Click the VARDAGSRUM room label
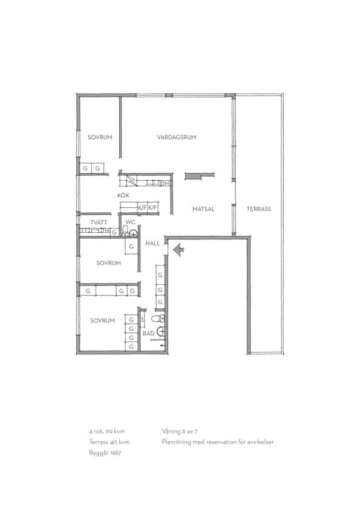click(x=177, y=137)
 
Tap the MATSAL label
click(x=203, y=209)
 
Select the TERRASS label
click(x=258, y=209)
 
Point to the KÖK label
click(x=123, y=195)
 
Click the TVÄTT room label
click(x=99, y=222)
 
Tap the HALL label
click(x=152, y=243)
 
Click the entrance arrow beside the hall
click(x=178, y=250)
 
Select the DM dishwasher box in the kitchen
click(x=165, y=184)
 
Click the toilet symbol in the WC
click(x=125, y=230)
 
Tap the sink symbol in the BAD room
click(x=161, y=331)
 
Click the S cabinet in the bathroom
click(x=142, y=319)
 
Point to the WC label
click(x=130, y=222)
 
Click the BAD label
click(x=148, y=333)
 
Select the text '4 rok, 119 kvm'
click(x=107, y=432)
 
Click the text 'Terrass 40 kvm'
click(x=109, y=442)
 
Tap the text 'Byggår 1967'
click(x=105, y=453)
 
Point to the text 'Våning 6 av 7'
click(x=180, y=432)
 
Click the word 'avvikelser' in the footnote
click(x=261, y=442)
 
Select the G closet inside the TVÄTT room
click(x=114, y=232)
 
